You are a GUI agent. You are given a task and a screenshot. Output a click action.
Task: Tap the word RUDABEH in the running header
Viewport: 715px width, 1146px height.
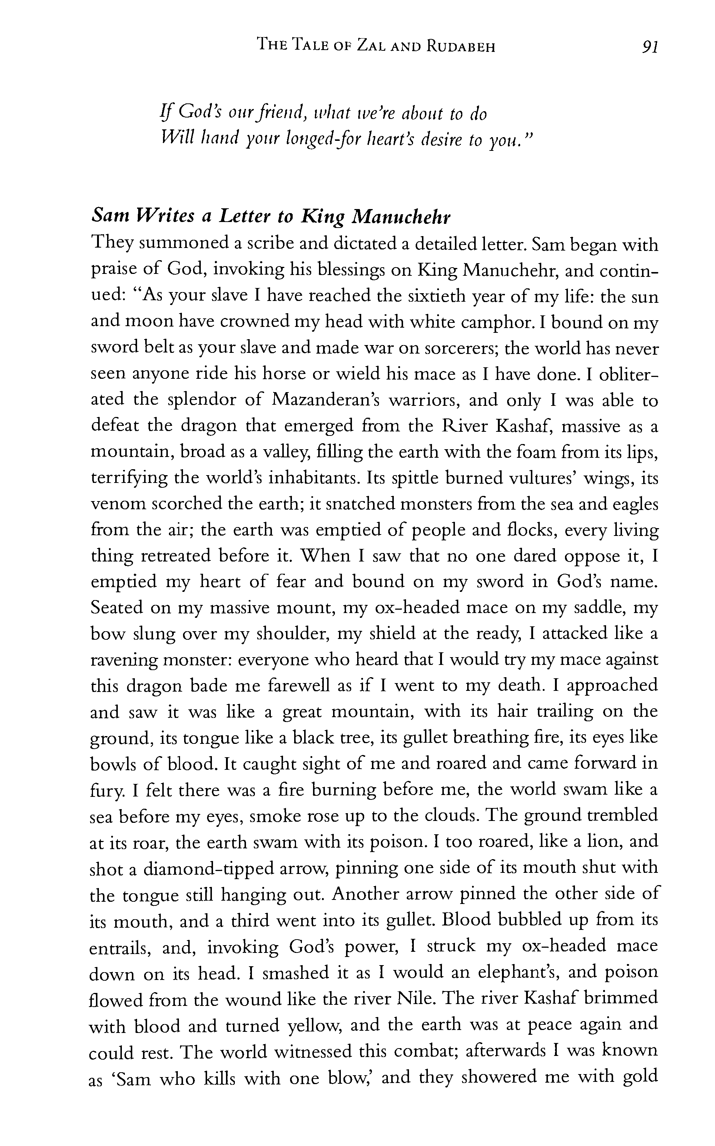(460, 46)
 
